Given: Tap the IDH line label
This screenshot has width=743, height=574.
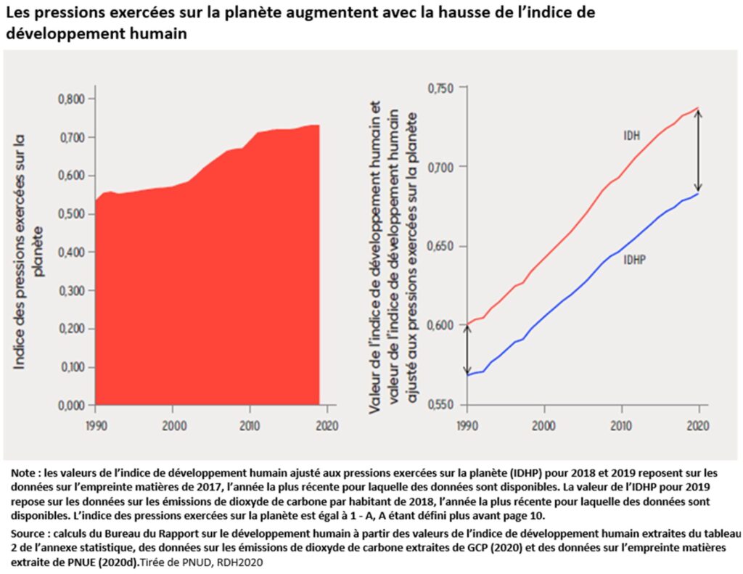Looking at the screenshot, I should click(x=631, y=136).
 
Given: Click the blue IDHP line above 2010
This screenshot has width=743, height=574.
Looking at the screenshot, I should click(x=621, y=253).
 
